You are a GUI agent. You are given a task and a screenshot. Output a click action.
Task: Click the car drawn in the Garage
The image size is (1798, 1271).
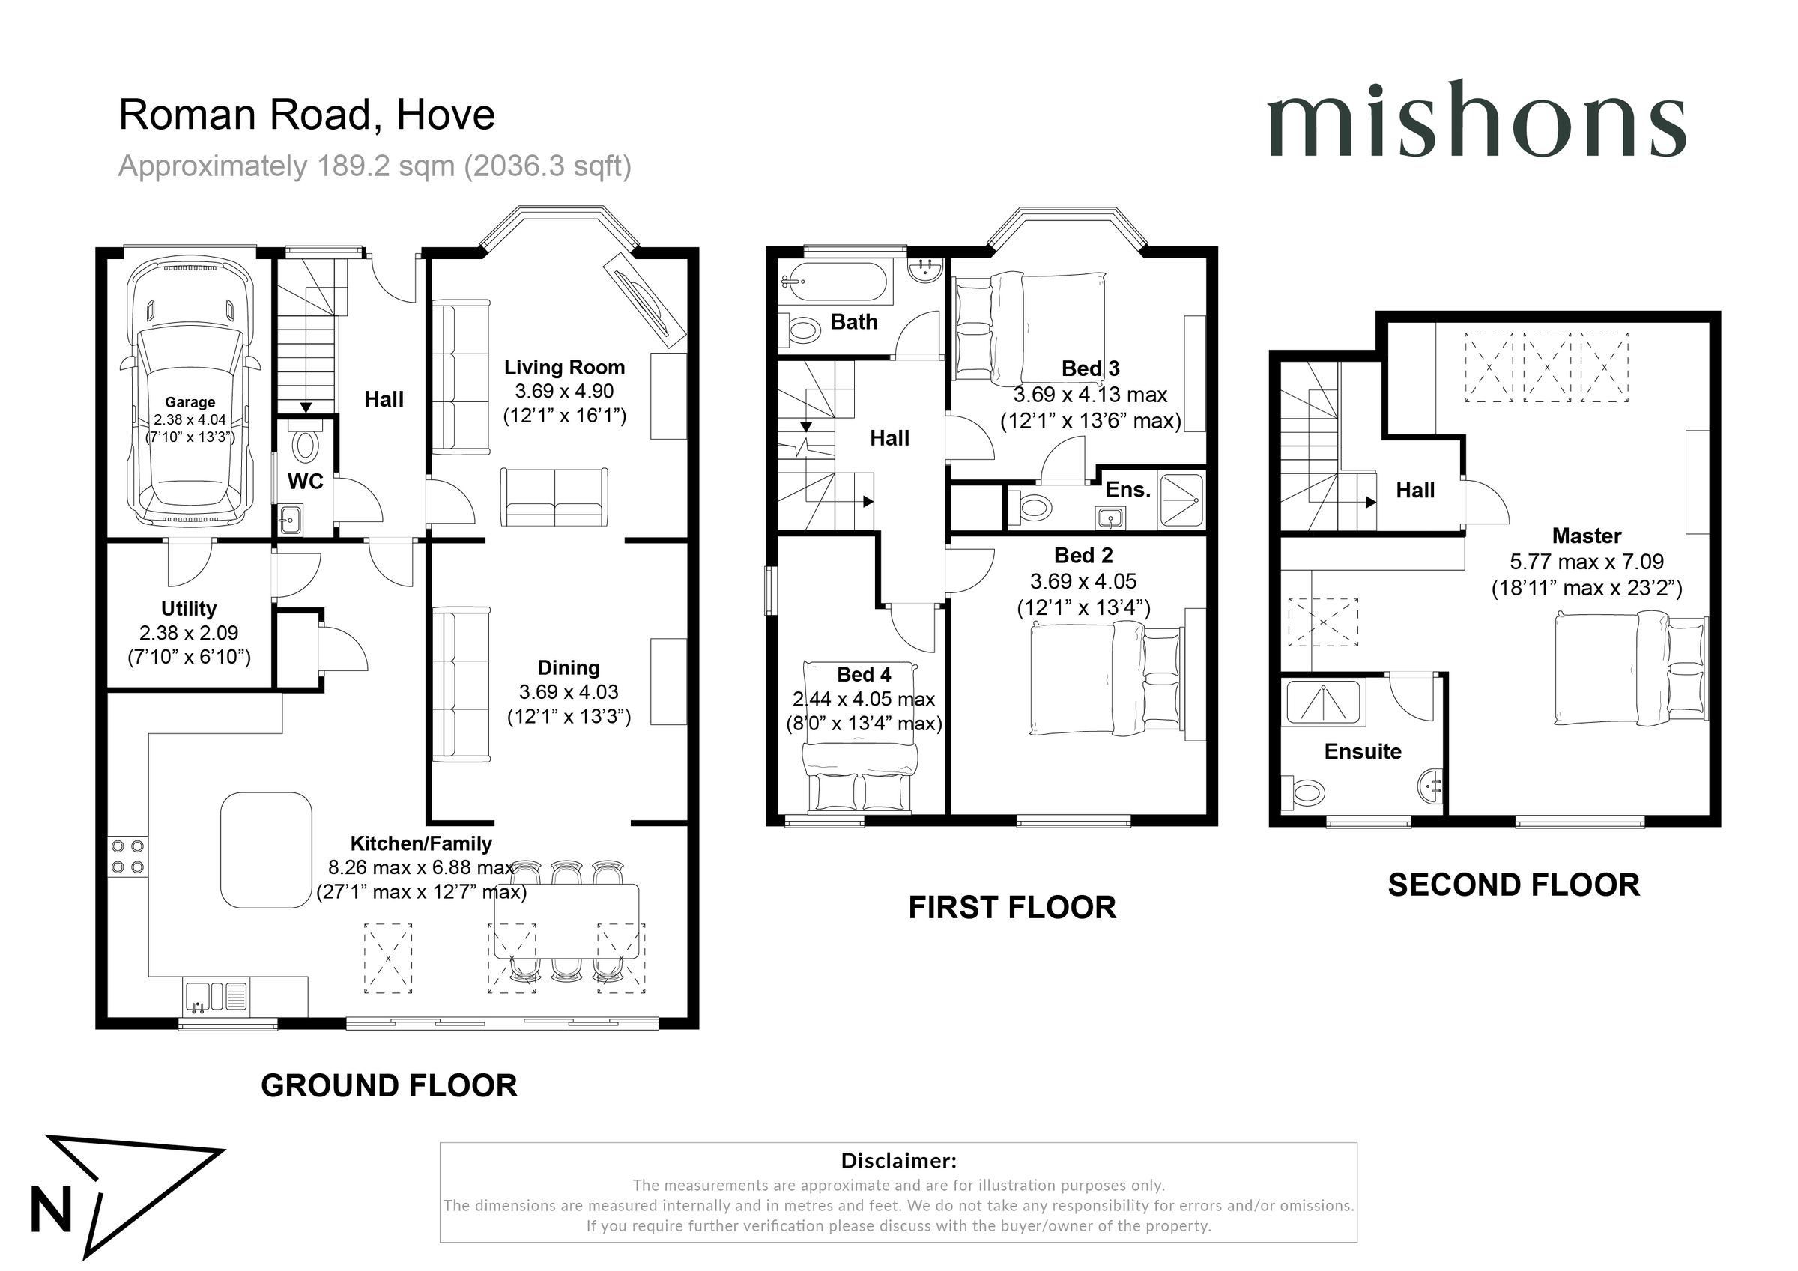point(190,392)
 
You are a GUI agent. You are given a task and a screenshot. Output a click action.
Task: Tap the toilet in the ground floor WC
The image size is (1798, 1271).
point(305,445)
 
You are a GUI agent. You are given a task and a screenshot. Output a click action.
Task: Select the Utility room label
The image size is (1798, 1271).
point(189,608)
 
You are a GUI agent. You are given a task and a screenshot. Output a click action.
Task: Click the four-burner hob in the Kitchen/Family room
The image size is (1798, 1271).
point(127,856)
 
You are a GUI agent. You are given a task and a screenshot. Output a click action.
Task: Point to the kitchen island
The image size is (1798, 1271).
point(266,849)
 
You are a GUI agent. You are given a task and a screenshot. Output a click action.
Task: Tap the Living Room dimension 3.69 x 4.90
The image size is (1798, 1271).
point(564,392)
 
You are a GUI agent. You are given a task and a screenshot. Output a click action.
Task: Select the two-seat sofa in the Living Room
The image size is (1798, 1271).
point(554,497)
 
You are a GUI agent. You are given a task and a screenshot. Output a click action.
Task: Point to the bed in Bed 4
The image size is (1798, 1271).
point(860,736)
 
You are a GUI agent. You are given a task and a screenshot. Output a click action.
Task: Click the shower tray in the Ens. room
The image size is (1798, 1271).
point(1181,498)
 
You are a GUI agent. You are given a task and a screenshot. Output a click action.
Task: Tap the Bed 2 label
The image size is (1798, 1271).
point(1083,555)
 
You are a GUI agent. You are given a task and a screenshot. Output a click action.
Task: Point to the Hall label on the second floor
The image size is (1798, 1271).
point(1415,491)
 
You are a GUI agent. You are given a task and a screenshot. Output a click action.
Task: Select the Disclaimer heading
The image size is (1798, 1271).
point(898,1161)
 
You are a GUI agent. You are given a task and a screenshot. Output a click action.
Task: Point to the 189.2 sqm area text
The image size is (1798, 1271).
point(375,166)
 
